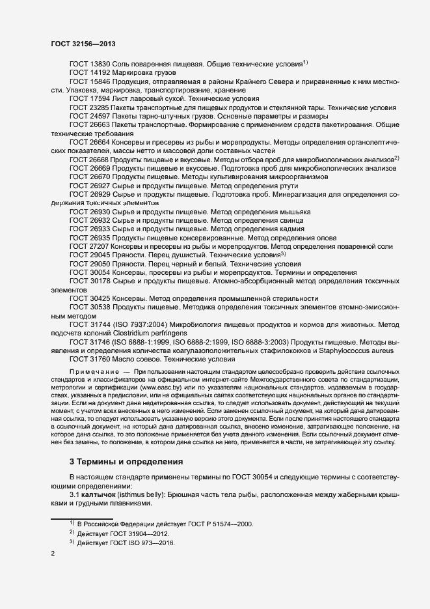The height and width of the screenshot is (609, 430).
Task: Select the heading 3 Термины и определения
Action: [x=126, y=461]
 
